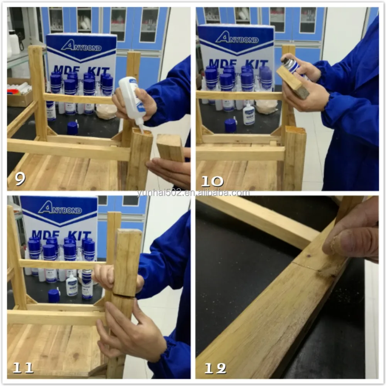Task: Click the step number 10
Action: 212,180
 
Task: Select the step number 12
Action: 215,369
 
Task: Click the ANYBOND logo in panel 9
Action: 81,46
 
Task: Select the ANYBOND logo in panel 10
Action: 237,37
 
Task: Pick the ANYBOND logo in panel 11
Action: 60,209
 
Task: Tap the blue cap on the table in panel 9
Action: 72,128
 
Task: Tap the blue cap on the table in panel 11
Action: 54,295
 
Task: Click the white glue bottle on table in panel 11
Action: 71,285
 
